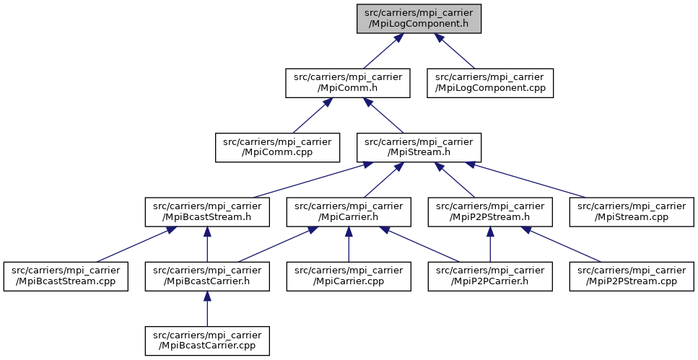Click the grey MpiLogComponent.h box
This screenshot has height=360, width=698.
419,19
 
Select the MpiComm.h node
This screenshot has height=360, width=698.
348,83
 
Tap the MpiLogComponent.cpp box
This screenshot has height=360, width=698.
490,83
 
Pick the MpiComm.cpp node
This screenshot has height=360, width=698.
277,147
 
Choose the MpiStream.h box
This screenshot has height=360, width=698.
419,147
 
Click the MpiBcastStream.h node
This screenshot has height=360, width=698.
207,212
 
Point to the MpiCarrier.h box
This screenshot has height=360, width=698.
349,212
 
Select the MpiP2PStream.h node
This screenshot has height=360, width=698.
490,212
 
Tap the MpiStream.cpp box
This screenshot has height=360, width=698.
632,212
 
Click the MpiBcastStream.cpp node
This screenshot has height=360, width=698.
66,276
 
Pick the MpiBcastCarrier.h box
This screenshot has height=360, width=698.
207,276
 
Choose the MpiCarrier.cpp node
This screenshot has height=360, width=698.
349,276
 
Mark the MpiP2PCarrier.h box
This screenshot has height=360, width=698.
490,276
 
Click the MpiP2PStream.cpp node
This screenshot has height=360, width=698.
632,276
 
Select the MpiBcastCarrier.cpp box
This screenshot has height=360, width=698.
207,341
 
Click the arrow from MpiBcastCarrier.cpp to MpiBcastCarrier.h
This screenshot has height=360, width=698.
207,309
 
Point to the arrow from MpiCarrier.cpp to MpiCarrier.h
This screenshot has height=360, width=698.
349,245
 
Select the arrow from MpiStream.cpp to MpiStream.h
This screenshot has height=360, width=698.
525,180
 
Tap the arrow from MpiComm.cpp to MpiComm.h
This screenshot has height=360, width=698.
313,115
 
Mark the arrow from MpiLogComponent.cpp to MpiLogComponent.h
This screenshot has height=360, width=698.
455,51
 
